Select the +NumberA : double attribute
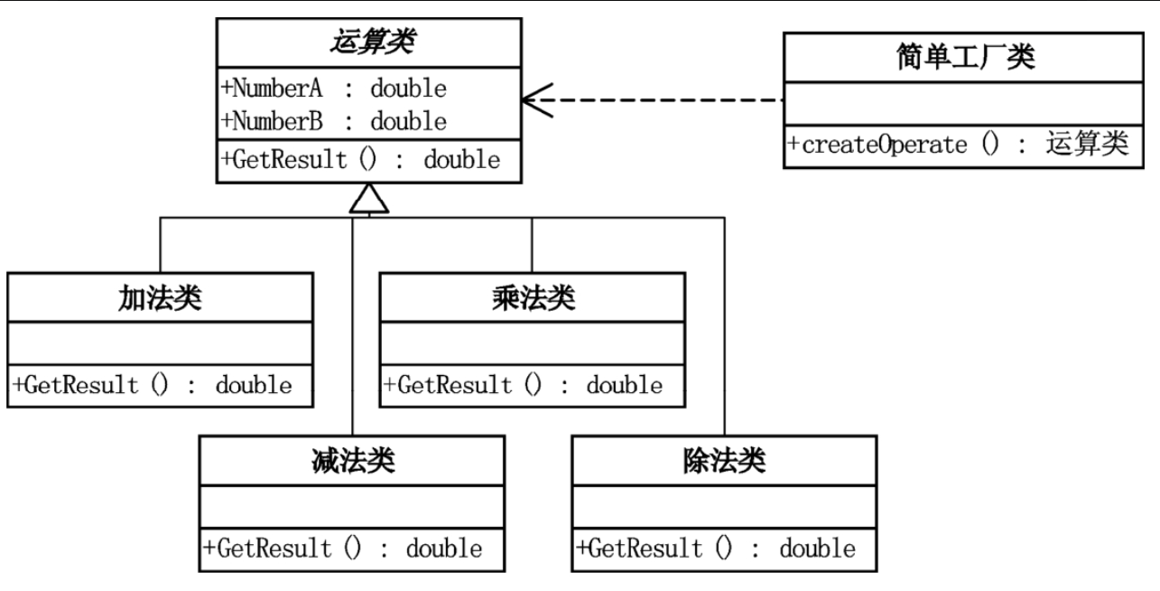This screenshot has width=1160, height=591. pos(334,89)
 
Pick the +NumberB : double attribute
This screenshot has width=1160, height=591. pos(334,120)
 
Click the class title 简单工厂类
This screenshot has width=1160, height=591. pos(960,59)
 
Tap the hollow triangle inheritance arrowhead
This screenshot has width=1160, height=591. pos(369,200)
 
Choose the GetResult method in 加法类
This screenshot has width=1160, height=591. pos(153,385)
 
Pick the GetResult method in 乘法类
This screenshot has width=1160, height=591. pos(524,385)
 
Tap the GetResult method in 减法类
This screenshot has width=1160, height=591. pos(343,548)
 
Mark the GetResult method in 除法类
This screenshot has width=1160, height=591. pos(716,548)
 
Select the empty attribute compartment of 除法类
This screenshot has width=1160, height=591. pos(724,506)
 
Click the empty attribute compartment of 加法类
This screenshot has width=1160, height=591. pos(160,342)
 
